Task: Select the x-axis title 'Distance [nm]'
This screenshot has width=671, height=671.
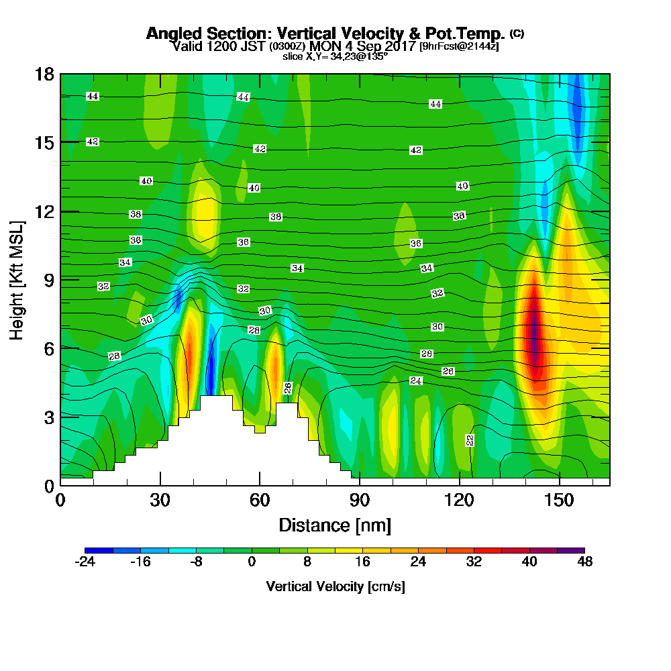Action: pos(335,525)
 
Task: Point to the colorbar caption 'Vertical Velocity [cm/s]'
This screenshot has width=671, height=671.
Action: pos(335,586)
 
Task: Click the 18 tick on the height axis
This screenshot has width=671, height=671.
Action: pos(45,74)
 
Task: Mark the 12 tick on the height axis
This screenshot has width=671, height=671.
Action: pos(45,211)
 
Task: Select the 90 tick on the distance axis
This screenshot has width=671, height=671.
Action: pos(360,501)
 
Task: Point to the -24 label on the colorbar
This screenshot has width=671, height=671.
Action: pos(85,562)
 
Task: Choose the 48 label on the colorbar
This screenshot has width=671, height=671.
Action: pos(584,562)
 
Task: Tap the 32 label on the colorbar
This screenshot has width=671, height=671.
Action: pos(474,562)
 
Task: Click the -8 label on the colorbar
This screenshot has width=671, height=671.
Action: pos(196,562)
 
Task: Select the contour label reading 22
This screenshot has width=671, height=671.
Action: pos(470,440)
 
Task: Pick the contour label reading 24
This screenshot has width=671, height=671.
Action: pos(416,381)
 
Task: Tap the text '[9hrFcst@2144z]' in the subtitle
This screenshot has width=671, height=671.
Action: pos(459,46)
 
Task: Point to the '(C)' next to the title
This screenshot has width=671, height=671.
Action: pos(517,33)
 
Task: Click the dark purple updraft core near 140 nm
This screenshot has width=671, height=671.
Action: pos(535,335)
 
